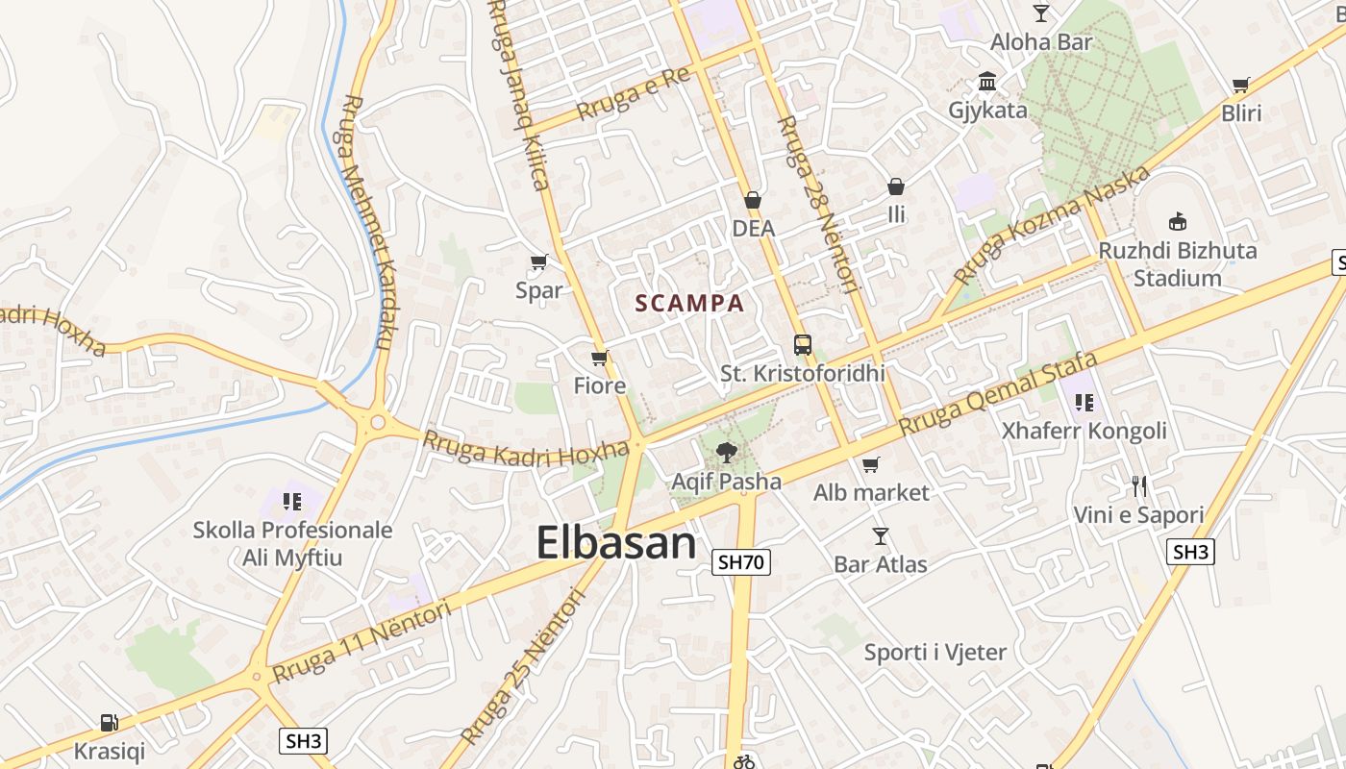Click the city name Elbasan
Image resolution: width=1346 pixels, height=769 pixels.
(615, 543)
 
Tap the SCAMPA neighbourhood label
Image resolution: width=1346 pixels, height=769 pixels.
(689, 304)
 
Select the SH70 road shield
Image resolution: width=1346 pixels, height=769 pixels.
(741, 562)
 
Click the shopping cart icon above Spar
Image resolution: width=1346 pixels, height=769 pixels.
(538, 261)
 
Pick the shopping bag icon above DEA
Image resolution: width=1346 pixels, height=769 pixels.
(753, 201)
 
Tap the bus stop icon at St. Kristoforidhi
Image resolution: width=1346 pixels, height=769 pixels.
(802, 345)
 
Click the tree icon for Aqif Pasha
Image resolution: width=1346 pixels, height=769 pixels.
(727, 453)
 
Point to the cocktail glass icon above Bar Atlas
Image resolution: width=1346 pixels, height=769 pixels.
(880, 536)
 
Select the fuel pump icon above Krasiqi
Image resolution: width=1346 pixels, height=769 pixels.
(110, 723)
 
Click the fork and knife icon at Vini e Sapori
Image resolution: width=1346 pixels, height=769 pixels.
(1139, 485)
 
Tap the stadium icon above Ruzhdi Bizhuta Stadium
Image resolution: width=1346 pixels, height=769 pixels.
(1178, 221)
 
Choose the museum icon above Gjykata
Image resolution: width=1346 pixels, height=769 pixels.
(987, 82)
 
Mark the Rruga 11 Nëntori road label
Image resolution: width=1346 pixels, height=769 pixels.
(362, 641)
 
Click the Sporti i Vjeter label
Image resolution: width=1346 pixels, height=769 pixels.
(935, 653)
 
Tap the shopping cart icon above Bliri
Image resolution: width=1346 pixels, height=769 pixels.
(1241, 85)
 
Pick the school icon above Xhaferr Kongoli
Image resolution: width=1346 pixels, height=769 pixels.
(1084, 403)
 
